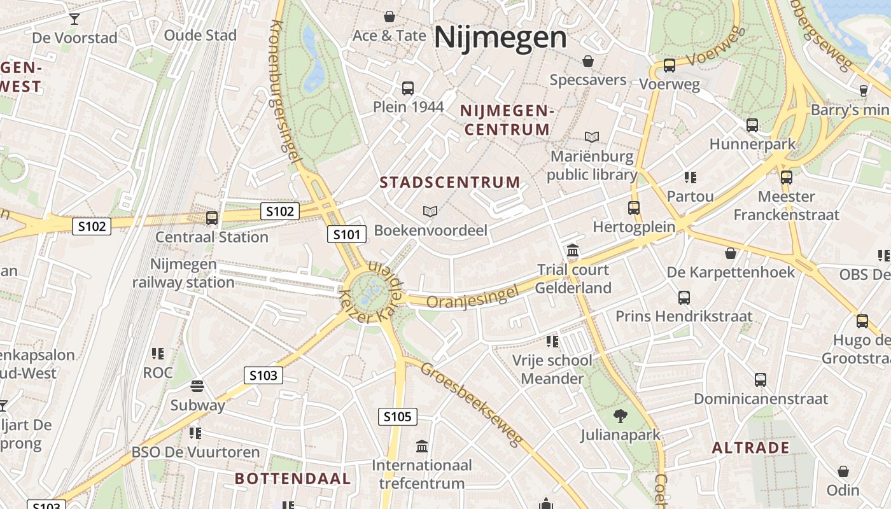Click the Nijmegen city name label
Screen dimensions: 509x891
[500, 38]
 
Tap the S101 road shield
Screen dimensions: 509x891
[347, 234]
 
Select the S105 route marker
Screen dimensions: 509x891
[398, 417]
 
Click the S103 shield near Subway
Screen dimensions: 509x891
[263, 375]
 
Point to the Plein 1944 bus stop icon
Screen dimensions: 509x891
[408, 88]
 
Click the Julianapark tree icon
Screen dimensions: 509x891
[620, 417]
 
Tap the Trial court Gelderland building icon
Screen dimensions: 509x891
[572, 251]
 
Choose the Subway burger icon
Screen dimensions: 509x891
[197, 386]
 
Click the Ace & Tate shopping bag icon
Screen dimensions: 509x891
[389, 17]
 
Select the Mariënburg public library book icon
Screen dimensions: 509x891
[592, 137]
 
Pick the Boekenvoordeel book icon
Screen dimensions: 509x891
[430, 211]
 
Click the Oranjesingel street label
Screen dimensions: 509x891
[473, 296]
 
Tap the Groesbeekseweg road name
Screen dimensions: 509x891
[472, 403]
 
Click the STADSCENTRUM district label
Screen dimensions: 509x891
[450, 183]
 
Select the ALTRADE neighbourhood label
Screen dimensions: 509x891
[750, 448]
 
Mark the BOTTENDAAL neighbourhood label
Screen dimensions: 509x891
[293, 478]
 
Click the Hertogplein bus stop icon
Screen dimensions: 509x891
[633, 207]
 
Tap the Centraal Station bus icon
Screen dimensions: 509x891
[212, 218]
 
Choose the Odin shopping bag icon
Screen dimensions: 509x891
[843, 471]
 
